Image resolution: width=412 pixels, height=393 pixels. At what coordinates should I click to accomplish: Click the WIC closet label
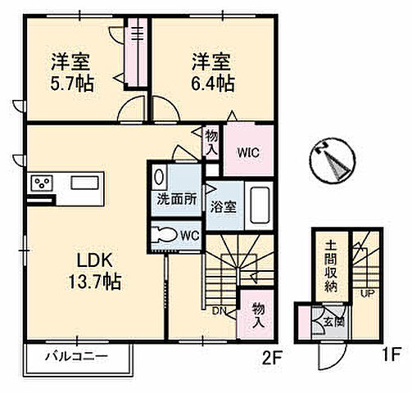point(250,152)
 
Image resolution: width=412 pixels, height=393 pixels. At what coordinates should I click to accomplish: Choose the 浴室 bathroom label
point(224,207)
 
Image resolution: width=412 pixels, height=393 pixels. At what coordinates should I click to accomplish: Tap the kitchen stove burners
point(42,183)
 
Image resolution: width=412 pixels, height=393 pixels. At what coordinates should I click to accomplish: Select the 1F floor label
point(389,357)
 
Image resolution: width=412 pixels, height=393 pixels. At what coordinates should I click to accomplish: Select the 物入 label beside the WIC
point(212,141)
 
